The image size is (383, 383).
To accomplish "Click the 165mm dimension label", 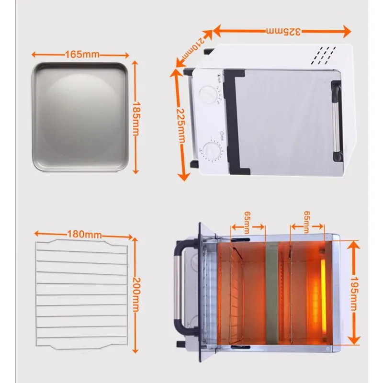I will coord(82,54).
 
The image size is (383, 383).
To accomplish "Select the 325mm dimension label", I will coord(283,32).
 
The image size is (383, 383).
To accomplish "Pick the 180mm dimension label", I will coord(85,234).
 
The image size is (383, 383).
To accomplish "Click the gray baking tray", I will coord(80,116).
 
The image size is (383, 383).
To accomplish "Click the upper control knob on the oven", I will coord(208,93).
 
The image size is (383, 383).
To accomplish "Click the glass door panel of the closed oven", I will coord(282,120).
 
